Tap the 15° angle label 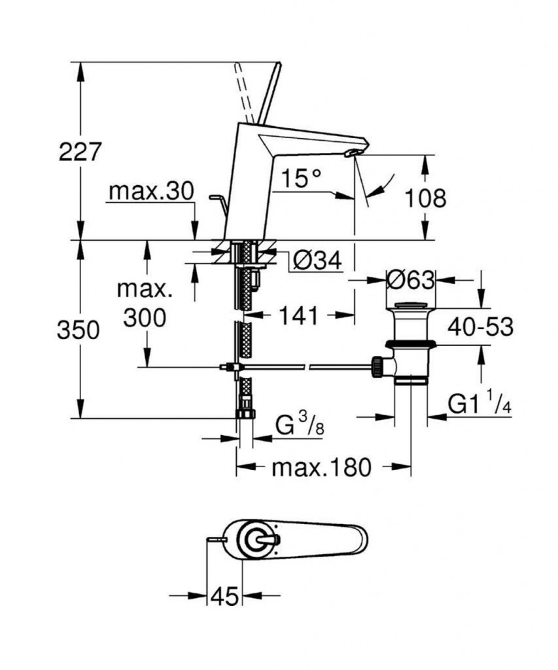pyautogui.click(x=303, y=177)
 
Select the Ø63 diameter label pyautogui.click(x=411, y=280)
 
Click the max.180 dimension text pyautogui.click(x=321, y=467)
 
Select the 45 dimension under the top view pyautogui.click(x=225, y=596)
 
